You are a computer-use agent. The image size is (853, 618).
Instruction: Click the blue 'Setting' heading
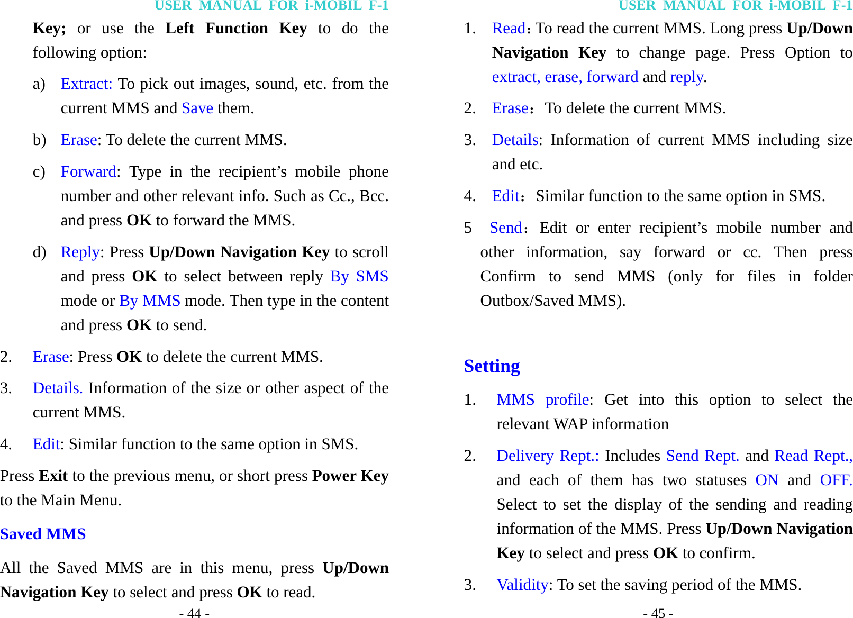(x=492, y=366)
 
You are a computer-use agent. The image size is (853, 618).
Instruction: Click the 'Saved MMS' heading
(x=43, y=534)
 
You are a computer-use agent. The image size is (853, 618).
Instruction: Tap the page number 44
(x=194, y=613)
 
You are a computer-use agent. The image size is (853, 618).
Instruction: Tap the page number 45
(x=658, y=613)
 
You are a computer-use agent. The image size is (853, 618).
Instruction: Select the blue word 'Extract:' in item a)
(x=86, y=84)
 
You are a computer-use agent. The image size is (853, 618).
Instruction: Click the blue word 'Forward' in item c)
(x=88, y=172)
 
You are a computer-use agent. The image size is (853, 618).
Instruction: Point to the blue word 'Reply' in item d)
(x=80, y=252)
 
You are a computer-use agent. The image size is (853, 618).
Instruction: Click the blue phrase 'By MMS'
(x=150, y=301)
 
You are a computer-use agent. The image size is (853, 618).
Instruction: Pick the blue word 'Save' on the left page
(x=197, y=108)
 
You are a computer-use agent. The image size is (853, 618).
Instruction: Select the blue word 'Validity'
(x=522, y=585)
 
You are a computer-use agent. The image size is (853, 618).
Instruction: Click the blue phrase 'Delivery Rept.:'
(x=548, y=456)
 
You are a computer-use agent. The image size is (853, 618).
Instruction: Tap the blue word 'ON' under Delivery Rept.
(x=767, y=480)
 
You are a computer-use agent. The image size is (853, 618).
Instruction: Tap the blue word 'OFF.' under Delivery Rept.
(x=836, y=480)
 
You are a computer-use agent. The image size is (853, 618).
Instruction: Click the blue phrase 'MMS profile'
(x=543, y=400)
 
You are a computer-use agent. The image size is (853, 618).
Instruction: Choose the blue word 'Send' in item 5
(x=506, y=228)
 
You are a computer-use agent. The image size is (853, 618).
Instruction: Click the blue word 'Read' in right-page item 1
(x=509, y=29)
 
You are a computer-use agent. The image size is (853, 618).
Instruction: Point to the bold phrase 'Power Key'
(x=350, y=476)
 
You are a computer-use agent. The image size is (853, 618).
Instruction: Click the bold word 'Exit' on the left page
(x=53, y=476)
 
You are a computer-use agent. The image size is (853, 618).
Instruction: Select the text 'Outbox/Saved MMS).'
(x=552, y=301)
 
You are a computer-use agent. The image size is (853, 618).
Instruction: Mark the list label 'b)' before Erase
(x=39, y=140)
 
